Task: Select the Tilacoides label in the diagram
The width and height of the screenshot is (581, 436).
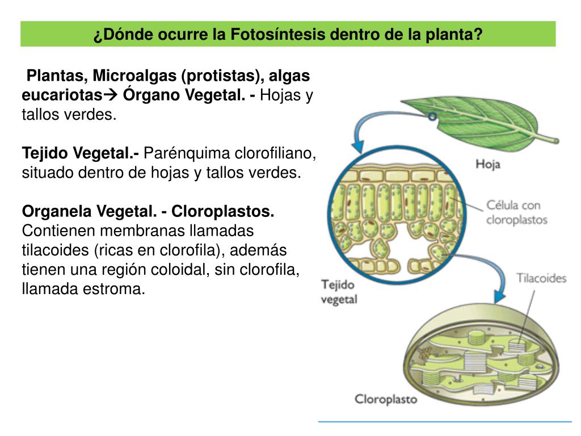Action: pyautogui.click(x=541, y=278)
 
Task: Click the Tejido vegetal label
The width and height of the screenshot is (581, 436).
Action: pyautogui.click(x=339, y=292)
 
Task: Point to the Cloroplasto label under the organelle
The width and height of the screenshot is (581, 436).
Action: pyautogui.click(x=386, y=399)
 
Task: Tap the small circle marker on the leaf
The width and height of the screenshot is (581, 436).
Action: pyautogui.click(x=432, y=116)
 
